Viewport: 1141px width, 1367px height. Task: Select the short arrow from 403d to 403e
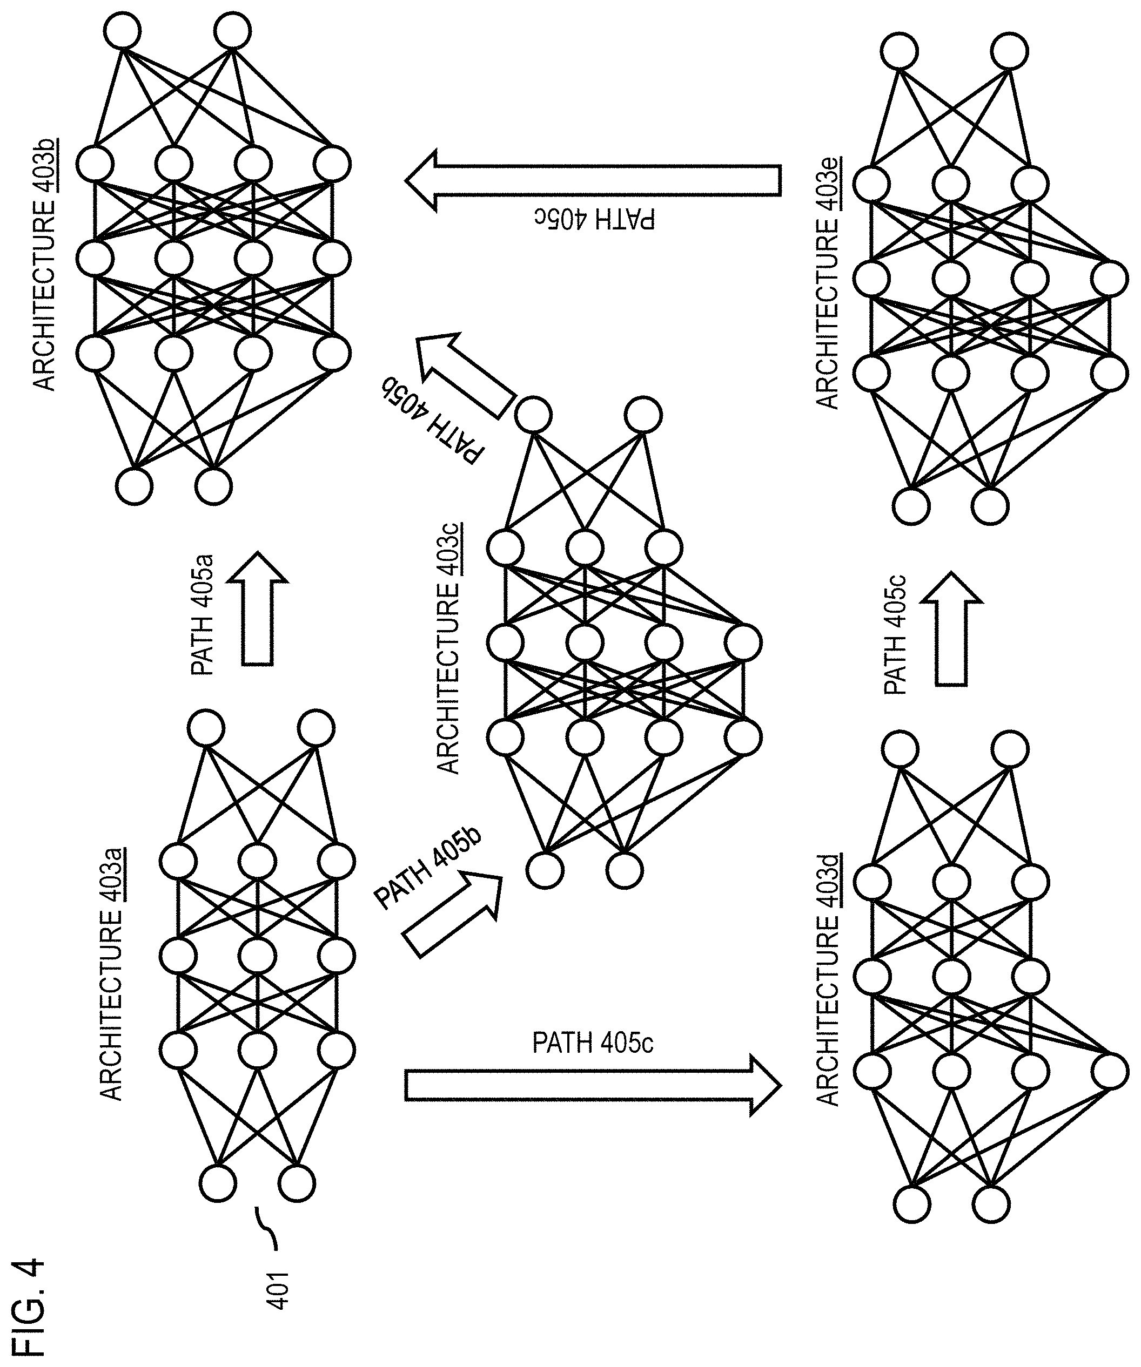[x=951, y=628]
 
